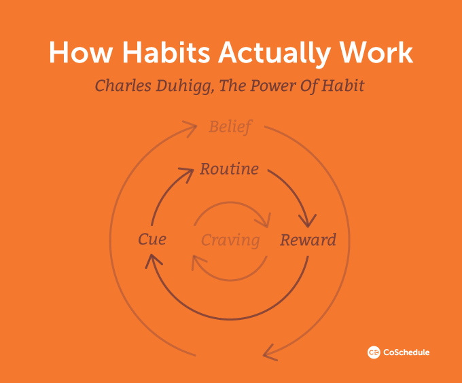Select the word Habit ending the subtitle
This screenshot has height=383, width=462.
coord(346,86)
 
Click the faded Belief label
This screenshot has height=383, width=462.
coord(230,127)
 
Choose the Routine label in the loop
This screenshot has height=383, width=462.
coord(230,169)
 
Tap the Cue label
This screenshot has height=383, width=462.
coord(152,240)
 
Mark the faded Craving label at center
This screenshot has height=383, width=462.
coord(230,240)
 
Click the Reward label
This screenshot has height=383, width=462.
coord(308,240)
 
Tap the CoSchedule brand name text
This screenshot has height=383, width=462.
coord(406,352)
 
